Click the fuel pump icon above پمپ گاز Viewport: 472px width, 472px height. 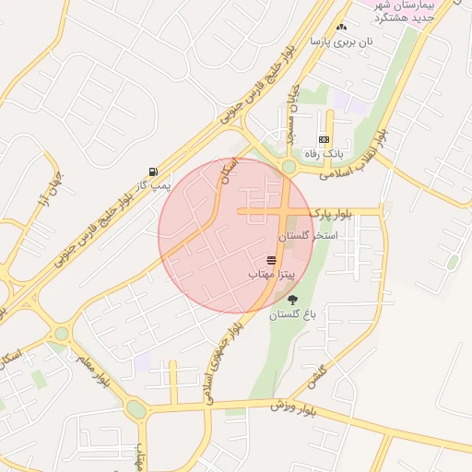(153, 171)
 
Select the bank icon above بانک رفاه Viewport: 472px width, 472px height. (324, 139)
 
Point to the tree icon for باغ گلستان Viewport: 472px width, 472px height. (293, 300)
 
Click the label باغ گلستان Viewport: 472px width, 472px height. (293, 314)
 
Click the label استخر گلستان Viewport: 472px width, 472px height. (313, 236)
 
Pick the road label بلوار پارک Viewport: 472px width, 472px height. (333, 213)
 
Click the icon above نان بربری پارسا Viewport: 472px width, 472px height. (342, 28)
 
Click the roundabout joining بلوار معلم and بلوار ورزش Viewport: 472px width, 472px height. (136, 408)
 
